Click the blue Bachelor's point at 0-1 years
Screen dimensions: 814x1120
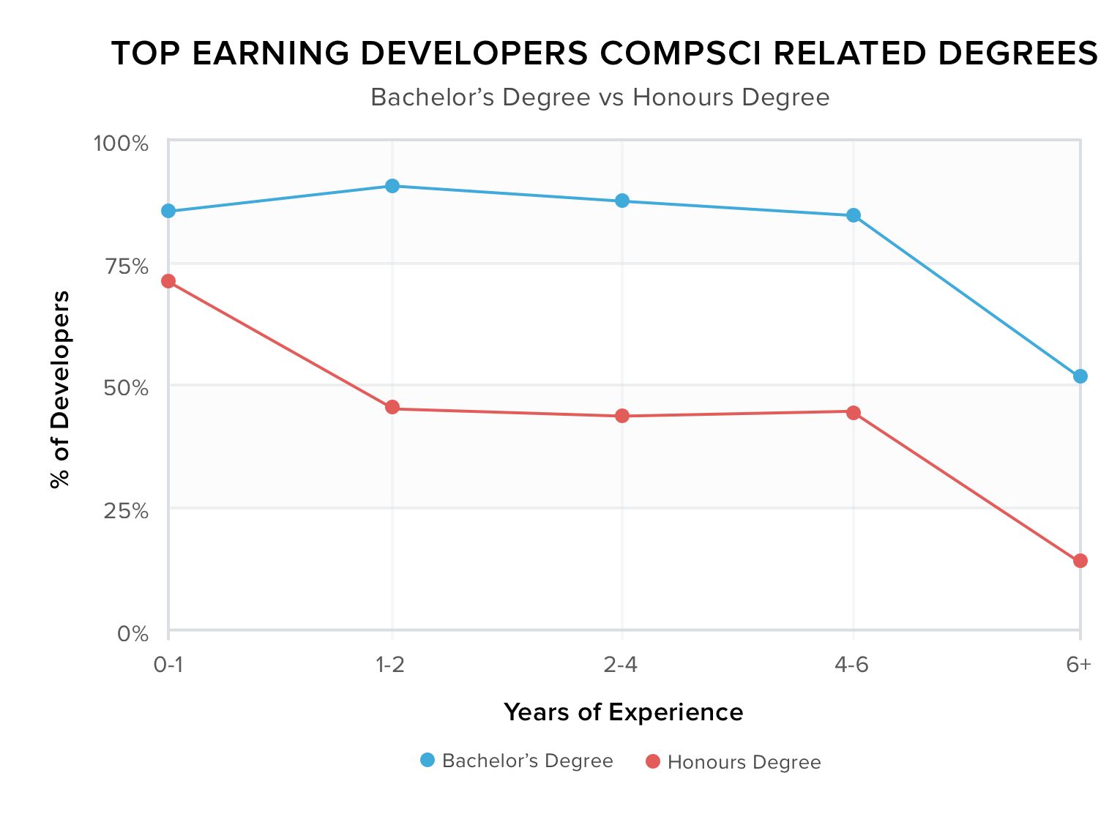click(168, 211)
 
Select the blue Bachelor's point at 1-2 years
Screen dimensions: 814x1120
click(392, 186)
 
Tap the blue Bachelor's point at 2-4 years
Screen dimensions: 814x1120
click(622, 201)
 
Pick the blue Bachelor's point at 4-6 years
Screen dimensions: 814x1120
click(854, 215)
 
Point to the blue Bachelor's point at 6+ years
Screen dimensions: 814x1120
click(1080, 376)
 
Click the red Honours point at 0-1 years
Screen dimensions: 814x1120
click(168, 281)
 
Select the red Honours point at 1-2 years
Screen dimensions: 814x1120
click(392, 407)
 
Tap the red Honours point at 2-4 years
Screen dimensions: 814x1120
click(622, 416)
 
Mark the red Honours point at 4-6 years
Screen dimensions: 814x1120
click(854, 413)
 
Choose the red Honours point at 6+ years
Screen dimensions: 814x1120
click(1080, 561)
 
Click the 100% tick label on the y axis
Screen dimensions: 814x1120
click(121, 143)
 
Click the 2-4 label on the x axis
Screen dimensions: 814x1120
click(621, 665)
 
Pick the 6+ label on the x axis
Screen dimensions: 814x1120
click(1078, 665)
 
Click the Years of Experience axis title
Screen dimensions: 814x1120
click(623, 712)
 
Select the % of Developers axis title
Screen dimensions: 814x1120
click(60, 389)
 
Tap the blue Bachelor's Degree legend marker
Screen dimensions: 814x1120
click(428, 761)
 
